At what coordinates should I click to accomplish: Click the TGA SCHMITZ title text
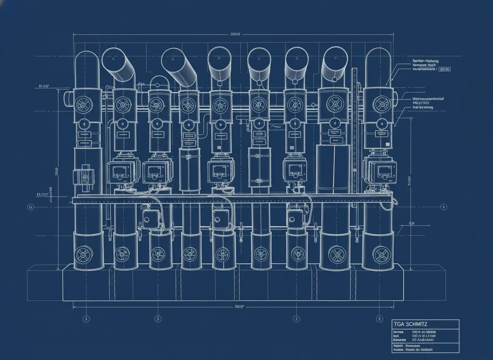410,324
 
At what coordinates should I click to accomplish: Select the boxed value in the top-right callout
444,69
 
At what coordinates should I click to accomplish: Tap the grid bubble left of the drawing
30,207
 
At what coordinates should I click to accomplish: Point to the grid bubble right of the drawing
444,207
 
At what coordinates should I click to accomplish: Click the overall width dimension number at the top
236,34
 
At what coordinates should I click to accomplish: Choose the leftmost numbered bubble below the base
86,319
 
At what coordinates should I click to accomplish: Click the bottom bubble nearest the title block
379,319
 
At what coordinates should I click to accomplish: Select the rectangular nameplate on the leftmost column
85,135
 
